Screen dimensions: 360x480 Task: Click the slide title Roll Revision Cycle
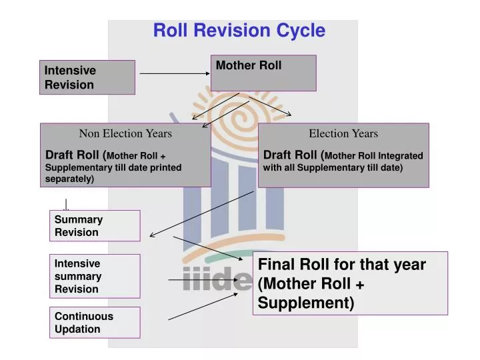point(239,31)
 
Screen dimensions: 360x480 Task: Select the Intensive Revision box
point(87,77)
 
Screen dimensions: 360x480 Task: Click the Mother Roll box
point(263,72)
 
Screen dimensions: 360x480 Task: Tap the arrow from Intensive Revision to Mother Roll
point(173,73)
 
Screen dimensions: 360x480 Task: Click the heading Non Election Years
point(125,133)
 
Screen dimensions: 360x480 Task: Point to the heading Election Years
point(343,133)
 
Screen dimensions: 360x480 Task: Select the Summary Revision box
point(95,226)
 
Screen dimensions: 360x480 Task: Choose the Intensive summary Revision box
point(95,276)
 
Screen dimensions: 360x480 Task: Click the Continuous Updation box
point(95,323)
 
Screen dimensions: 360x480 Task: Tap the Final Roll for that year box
point(349,283)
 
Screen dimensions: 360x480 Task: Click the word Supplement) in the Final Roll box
point(306,303)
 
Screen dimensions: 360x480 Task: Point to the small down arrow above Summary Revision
point(66,205)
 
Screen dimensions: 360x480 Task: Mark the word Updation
point(77,329)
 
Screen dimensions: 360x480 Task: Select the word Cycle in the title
point(299,31)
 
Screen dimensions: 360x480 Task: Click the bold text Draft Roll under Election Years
point(291,155)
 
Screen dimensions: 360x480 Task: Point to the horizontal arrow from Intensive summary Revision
point(200,280)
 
